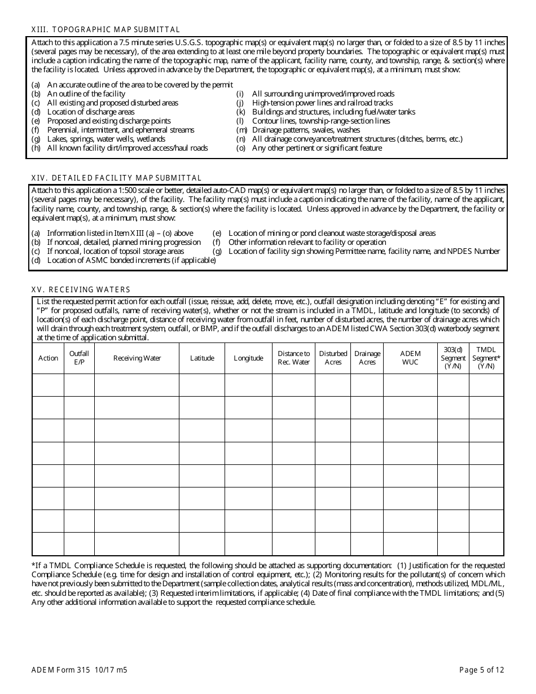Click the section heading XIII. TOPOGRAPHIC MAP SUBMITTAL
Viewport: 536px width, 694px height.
[x=106, y=30]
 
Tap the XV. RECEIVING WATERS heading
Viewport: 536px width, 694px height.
[x=81, y=289]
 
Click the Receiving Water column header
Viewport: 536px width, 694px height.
[x=137, y=358]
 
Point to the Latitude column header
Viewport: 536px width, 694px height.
[x=202, y=358]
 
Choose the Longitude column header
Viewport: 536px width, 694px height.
[x=248, y=358]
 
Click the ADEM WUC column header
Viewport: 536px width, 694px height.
[x=410, y=358]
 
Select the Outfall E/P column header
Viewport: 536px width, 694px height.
[x=79, y=358]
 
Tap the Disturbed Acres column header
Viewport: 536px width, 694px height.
[x=333, y=358]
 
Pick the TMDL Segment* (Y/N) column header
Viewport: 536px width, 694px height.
[x=486, y=358]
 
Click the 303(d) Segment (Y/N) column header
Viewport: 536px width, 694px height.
[x=453, y=358]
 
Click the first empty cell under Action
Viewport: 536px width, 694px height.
[x=48, y=385]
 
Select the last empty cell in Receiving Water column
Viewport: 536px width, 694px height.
[x=137, y=544]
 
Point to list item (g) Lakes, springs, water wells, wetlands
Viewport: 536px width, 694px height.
[x=106, y=139]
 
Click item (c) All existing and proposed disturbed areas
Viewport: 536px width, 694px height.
[x=112, y=103]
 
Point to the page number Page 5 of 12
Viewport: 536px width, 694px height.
[x=481, y=670]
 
